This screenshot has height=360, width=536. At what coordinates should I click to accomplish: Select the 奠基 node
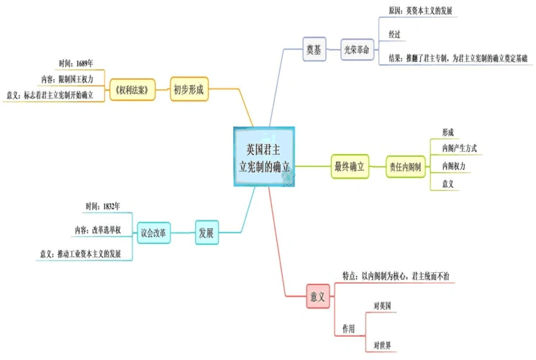pos(314,50)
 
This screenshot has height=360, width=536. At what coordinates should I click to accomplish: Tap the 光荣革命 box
pos(358,50)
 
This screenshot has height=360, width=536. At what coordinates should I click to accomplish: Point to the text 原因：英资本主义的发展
pos(419,10)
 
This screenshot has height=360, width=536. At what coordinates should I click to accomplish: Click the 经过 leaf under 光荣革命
pos(396,34)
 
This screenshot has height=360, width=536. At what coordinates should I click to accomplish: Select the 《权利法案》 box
pos(133,91)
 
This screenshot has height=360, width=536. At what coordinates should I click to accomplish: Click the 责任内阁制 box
pos(404,166)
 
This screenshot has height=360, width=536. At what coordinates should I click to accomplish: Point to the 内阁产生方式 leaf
pos(459,148)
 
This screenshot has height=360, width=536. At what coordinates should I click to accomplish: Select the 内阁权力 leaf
pos(453,166)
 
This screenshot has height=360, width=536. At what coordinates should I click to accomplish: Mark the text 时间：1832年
pos(102,207)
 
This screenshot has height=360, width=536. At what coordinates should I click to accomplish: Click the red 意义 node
pos(318,296)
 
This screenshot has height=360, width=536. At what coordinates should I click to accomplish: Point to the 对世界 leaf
pos(383,346)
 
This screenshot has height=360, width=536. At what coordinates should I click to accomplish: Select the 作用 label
pos(349,328)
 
